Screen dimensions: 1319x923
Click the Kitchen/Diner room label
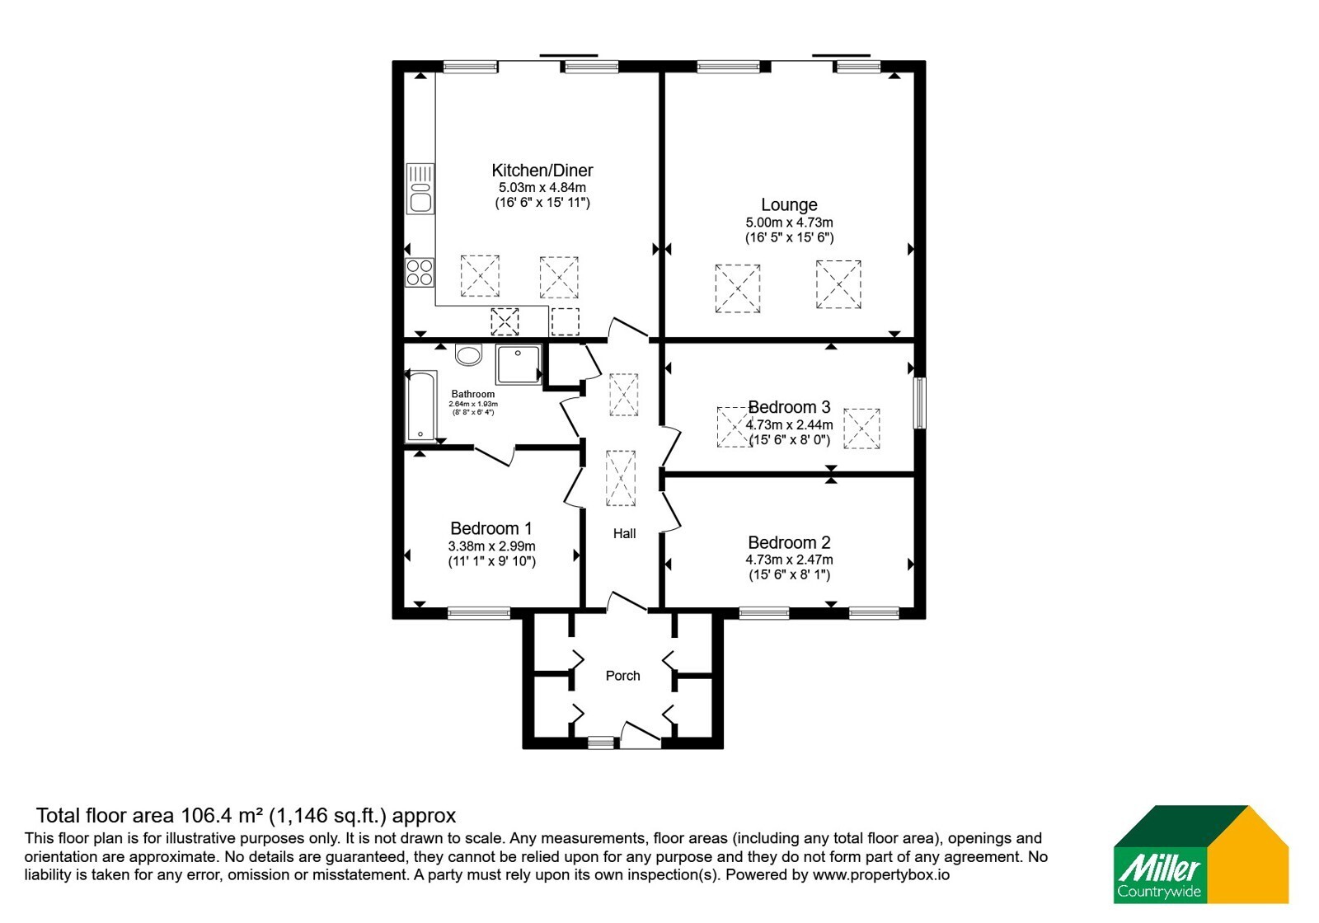pos(542,171)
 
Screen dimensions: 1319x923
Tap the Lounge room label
pos(789,205)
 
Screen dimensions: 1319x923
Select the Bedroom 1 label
pos(491,528)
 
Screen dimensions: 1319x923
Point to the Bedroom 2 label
pos(789,542)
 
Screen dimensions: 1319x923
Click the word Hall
pos(624,533)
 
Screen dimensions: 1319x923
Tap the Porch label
pos(622,676)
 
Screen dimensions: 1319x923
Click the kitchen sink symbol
pos(420,189)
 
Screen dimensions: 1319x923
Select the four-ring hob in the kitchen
pos(420,273)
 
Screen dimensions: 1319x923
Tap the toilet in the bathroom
pos(469,354)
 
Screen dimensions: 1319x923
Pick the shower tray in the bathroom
pos(519,364)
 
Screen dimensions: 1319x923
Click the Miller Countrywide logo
pos(1200,854)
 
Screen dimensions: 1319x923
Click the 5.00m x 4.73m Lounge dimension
pos(789,223)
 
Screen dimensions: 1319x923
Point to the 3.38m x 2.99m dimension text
pos(491,546)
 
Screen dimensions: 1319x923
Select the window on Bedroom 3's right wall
pos(920,403)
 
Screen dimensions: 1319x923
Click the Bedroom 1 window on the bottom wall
pos(479,613)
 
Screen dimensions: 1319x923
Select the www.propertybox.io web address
pos(881,874)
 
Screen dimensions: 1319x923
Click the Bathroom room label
pos(473,394)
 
